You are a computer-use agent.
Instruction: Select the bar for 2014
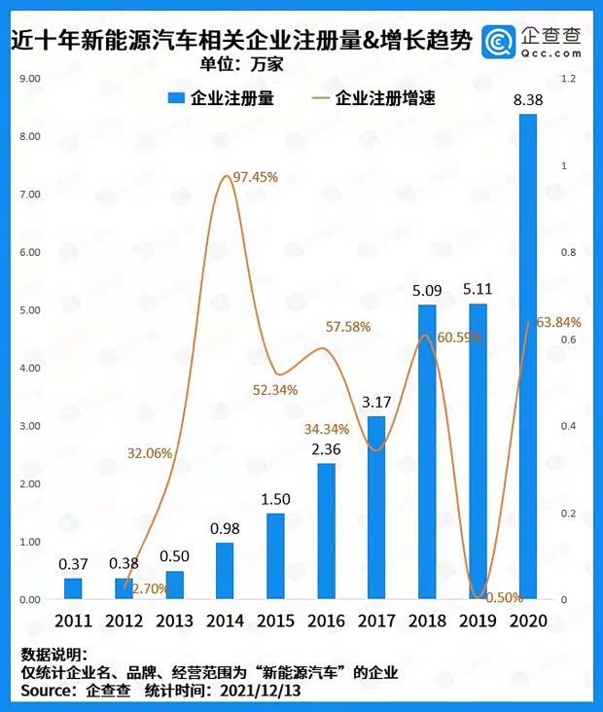[x=225, y=571]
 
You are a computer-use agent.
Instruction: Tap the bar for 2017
[x=376, y=508]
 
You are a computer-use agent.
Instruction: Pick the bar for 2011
[x=74, y=588]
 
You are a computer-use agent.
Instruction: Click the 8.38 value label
[x=528, y=100]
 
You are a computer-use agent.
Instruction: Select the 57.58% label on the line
[x=346, y=327]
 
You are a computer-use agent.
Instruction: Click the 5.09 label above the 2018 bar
[x=427, y=289]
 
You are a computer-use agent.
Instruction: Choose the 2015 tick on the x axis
[x=275, y=621]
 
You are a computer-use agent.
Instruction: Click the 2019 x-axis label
[x=478, y=621]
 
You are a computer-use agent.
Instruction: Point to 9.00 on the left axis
[x=29, y=78]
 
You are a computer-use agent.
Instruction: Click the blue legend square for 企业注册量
[x=176, y=98]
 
